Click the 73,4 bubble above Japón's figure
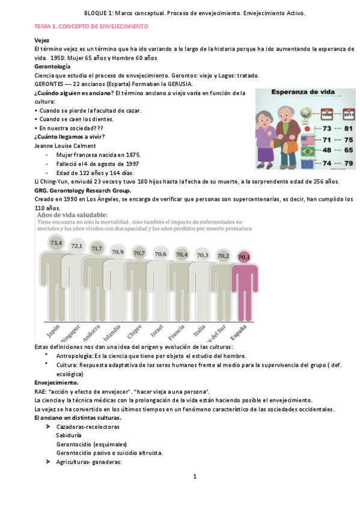coord(56,243)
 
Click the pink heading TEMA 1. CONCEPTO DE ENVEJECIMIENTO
coord(91,27)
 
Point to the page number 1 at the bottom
coord(195,477)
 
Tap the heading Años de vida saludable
coord(73,214)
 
